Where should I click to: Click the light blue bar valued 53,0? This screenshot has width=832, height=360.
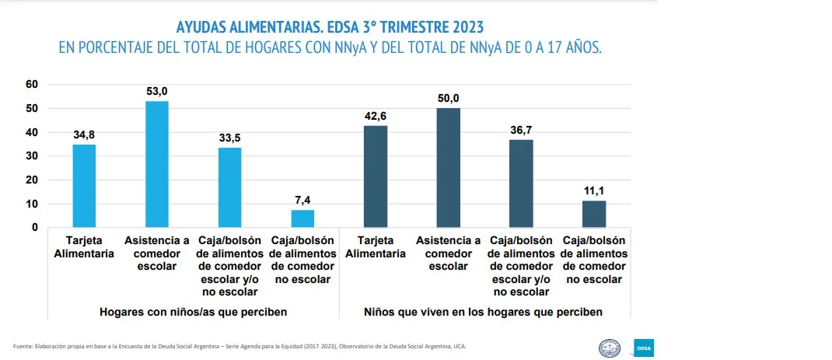157,164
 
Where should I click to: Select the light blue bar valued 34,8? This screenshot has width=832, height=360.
85,186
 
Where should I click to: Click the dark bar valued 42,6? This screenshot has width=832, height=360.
376,177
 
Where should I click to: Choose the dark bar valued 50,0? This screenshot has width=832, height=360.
449,167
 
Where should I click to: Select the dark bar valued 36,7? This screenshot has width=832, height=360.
521,183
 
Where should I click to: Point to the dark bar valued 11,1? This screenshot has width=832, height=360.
594,214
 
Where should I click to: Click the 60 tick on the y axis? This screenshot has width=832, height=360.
32,84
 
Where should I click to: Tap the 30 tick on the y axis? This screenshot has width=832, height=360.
32,156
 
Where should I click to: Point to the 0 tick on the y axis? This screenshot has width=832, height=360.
34,227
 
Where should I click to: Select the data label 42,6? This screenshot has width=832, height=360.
376,116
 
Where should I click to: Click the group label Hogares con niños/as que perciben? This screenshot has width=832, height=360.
194,312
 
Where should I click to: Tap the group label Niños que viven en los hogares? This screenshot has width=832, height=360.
484,312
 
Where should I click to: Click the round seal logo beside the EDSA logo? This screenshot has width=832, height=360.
609,347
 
